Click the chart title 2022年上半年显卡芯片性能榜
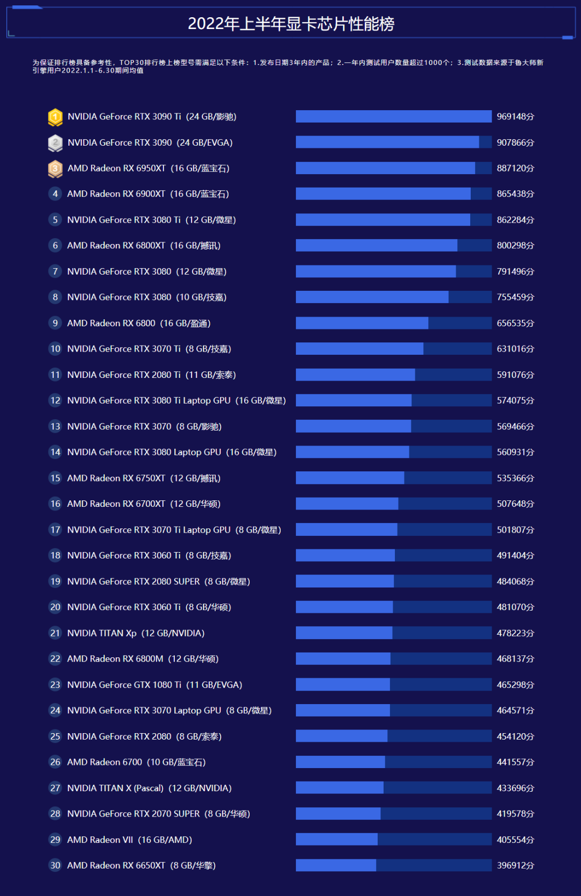pos(291,24)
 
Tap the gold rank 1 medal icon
pos(55,117)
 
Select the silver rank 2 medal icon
pos(55,142)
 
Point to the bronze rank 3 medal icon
pos(55,168)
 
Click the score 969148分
pos(515,117)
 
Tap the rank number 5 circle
pos(55,220)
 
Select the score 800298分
pos(515,246)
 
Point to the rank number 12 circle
pos(55,400)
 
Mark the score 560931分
pos(515,452)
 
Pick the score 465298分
pos(515,685)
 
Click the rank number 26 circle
pos(55,762)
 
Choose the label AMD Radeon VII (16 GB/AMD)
pos(129,840)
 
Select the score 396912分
pos(515,865)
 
